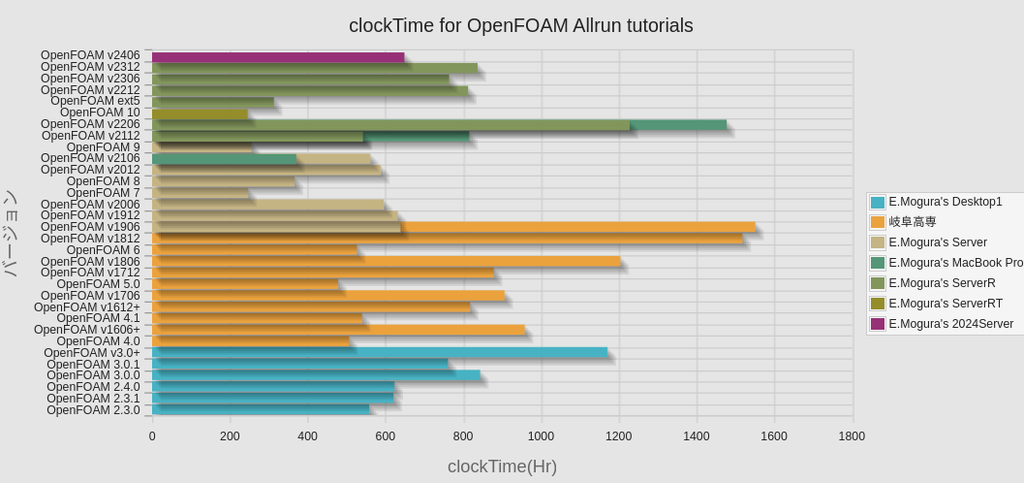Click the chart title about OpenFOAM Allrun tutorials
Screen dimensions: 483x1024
tap(520, 26)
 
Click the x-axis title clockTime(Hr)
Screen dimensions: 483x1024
tap(502, 467)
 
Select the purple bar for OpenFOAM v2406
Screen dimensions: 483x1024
tap(278, 57)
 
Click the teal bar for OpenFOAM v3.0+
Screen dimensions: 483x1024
tap(380, 352)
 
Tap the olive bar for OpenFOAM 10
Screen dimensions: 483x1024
tap(200, 113)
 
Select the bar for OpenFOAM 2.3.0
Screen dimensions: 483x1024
tap(261, 410)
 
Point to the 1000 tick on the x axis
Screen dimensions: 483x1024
tap(541, 436)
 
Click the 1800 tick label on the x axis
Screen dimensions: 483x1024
tap(852, 436)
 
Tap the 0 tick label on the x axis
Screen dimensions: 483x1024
tap(152, 436)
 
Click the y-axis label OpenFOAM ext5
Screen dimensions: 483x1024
tap(95, 101)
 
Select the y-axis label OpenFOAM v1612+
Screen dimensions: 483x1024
tap(87, 307)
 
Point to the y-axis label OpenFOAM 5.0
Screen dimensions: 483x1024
tap(98, 284)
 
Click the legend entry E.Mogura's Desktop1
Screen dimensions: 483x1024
tap(945, 202)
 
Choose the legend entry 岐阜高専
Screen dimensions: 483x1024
tap(912, 222)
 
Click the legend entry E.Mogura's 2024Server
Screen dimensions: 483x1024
tap(950, 324)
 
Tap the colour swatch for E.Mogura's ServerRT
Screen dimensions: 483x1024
tap(878, 304)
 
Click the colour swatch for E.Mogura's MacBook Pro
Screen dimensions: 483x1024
tap(878, 263)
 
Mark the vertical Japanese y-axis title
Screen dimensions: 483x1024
tap(11, 234)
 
